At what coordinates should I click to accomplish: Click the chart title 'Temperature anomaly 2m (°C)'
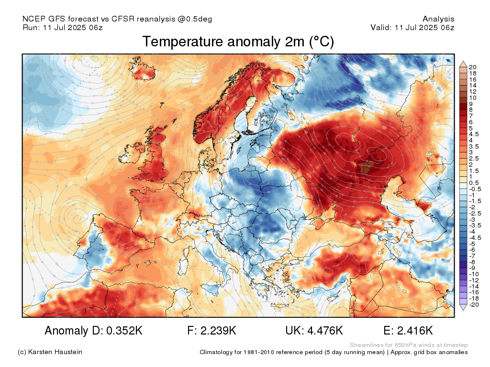point(238,42)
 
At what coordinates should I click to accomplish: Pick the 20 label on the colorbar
point(473,66)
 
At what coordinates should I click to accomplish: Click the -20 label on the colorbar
point(474,305)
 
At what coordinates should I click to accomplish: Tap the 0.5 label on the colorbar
point(474,183)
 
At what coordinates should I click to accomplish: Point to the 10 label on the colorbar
point(473,97)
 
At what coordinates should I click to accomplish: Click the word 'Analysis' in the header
point(438,19)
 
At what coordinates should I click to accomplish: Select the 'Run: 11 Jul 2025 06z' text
point(63,27)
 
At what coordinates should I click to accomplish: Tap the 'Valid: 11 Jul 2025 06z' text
point(412,27)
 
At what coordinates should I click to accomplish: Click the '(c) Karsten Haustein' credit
point(50,352)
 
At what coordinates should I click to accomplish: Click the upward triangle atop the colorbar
point(463,64)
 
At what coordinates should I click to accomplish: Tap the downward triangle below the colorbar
point(463,308)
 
